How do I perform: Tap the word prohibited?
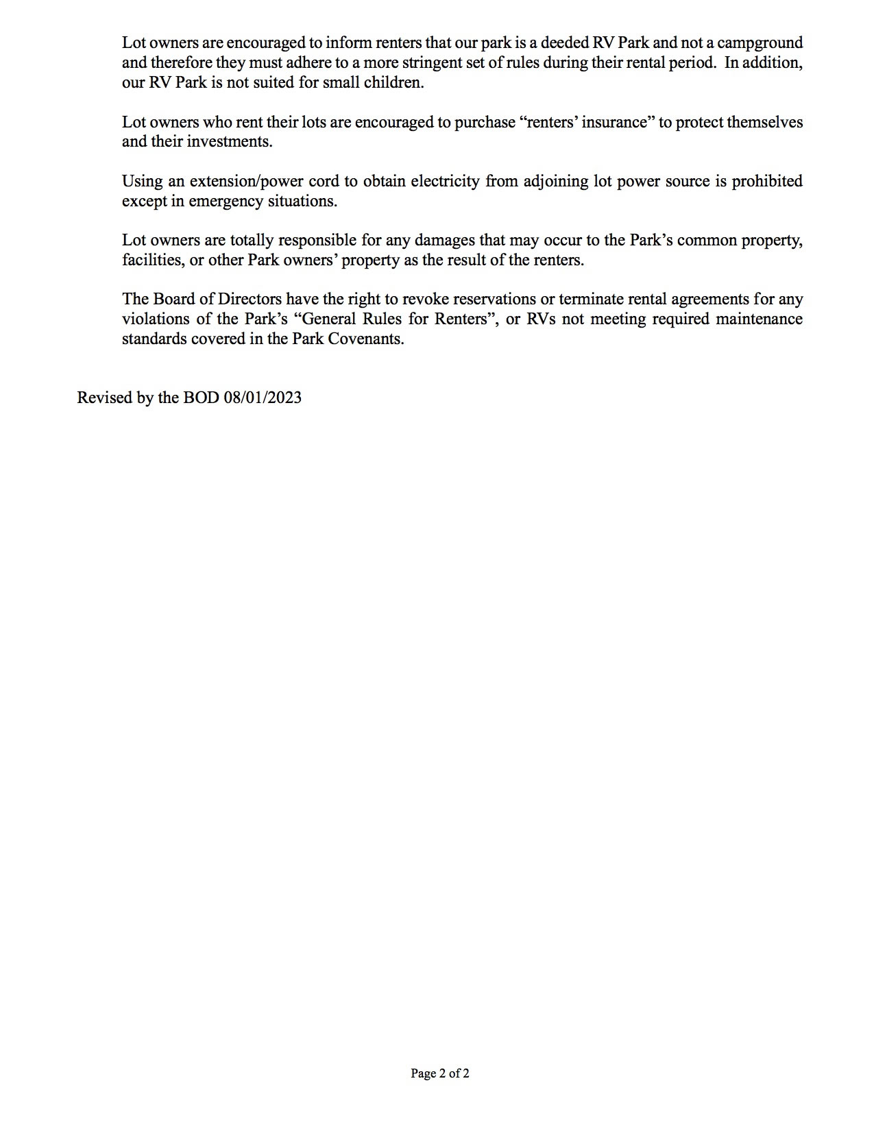[767, 182]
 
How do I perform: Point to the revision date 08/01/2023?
[263, 398]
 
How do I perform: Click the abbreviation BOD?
[201, 398]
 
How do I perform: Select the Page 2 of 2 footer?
[440, 1073]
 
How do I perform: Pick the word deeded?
[564, 43]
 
